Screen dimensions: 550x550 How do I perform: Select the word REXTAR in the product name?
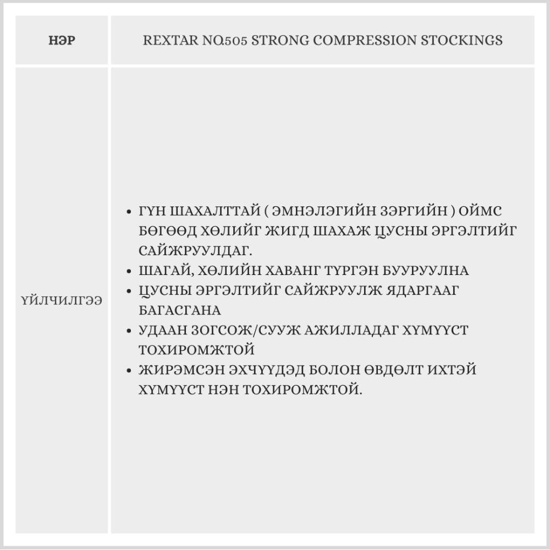[x=165, y=41]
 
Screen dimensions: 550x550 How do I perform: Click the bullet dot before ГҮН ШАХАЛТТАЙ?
[x=128, y=212]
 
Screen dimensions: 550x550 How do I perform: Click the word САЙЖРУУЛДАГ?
[x=196, y=251]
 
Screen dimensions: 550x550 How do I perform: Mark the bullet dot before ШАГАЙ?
[x=128, y=272]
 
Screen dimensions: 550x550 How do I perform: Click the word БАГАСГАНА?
[x=180, y=311]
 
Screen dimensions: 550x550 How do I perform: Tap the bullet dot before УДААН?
[x=128, y=331]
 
